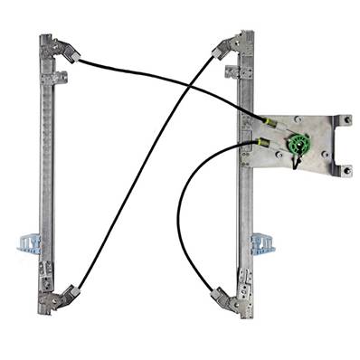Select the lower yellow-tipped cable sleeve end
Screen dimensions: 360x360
262,142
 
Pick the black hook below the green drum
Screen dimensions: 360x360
296,163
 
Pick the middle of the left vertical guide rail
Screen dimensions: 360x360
46,172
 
